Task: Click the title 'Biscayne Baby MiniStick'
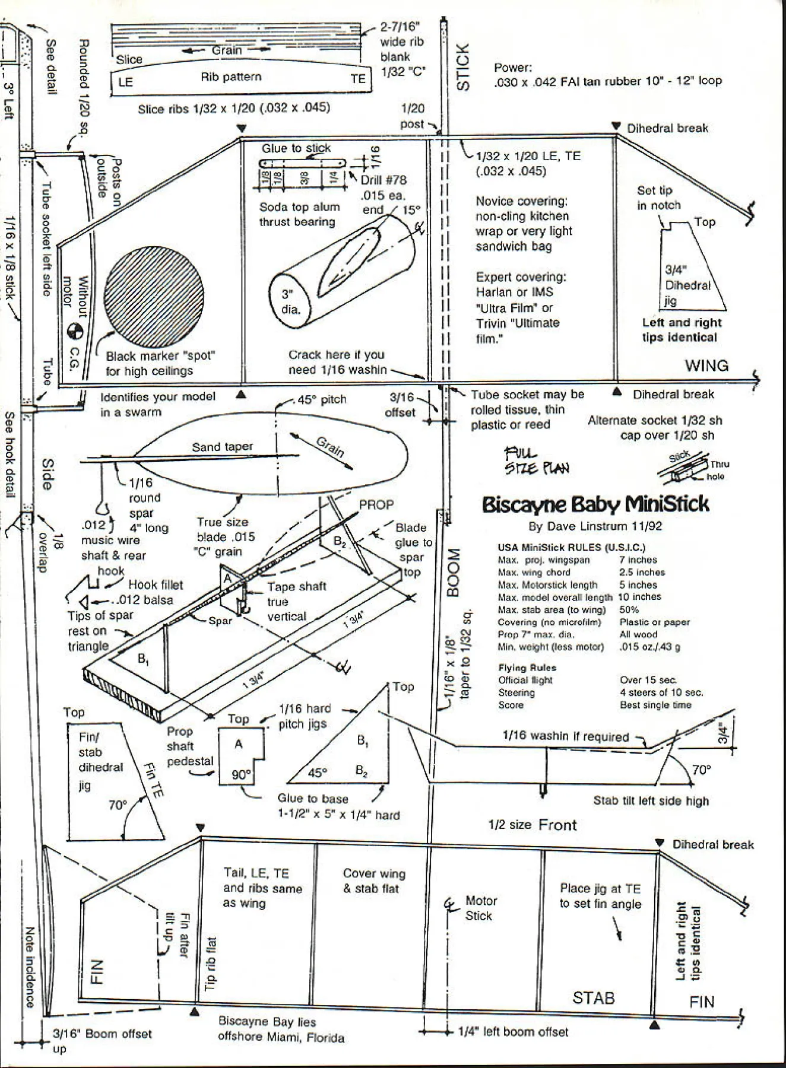[x=595, y=504]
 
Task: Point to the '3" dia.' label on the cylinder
[x=291, y=301]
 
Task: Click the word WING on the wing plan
[x=706, y=365]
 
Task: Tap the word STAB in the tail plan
[x=593, y=998]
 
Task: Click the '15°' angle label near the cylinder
[x=411, y=210]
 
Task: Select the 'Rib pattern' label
[x=231, y=77]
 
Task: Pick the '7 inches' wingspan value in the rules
[x=638, y=560]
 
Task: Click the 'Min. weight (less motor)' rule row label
[x=550, y=647]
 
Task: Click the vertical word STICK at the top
[x=463, y=66]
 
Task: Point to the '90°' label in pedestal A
[x=242, y=775]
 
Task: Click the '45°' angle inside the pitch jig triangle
[x=317, y=773]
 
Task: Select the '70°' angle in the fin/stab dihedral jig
[x=118, y=805]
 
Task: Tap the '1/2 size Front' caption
[x=533, y=825]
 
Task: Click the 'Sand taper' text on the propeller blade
[x=222, y=447]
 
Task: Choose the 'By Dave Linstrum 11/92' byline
[x=595, y=526]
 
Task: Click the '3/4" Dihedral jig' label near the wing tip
[x=687, y=285]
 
